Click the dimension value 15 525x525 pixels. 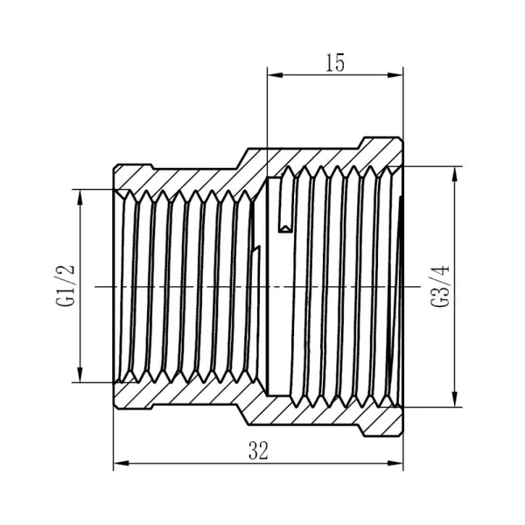pos(335,63)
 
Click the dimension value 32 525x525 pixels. pos(258,451)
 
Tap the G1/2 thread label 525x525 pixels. pos(65,285)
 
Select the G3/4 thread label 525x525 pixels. pos(440,286)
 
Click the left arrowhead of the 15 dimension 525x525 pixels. pos(275,75)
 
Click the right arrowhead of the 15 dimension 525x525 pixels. pos(395,75)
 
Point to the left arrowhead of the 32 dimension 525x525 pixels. pos(122,464)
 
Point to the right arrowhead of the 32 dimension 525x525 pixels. pos(395,464)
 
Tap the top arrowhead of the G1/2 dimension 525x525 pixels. pos(80,198)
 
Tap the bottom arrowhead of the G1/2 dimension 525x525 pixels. pos(80,374)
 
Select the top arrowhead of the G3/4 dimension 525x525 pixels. pos(454,174)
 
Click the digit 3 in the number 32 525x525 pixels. pos(253,451)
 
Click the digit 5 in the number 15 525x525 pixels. pos(339,63)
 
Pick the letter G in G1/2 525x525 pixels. pos(65,301)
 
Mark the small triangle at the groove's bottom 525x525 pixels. pos(285,229)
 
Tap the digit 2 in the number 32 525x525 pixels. pos(263,451)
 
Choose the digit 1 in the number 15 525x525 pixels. pos(330,63)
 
